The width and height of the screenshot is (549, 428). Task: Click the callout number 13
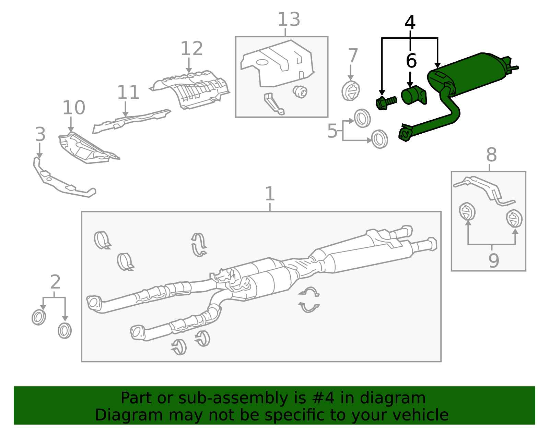pyautogui.click(x=289, y=20)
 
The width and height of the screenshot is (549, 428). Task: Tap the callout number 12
pyautogui.click(x=191, y=49)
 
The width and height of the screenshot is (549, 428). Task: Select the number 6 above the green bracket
pyautogui.click(x=411, y=61)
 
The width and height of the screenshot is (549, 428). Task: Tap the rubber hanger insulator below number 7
pyautogui.click(x=351, y=91)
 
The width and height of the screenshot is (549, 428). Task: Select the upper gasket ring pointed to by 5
pyautogui.click(x=362, y=119)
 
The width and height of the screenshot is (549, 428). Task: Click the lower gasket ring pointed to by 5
pyautogui.click(x=379, y=139)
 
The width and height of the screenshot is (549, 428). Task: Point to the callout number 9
pyautogui.click(x=493, y=261)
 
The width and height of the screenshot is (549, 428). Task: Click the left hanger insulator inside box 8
pyautogui.click(x=467, y=211)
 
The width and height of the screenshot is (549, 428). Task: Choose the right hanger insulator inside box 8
pyautogui.click(x=514, y=218)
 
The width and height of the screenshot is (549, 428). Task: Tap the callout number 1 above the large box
pyautogui.click(x=270, y=194)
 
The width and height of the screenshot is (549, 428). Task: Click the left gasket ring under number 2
pyautogui.click(x=39, y=317)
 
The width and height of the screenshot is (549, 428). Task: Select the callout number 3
pyautogui.click(x=40, y=134)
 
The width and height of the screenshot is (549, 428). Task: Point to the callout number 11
pyautogui.click(x=128, y=93)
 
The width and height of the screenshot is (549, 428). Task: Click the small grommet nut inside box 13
pyautogui.click(x=300, y=91)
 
